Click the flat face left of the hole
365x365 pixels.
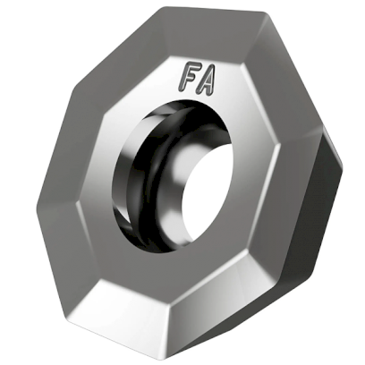pyautogui.click(x=89, y=179)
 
